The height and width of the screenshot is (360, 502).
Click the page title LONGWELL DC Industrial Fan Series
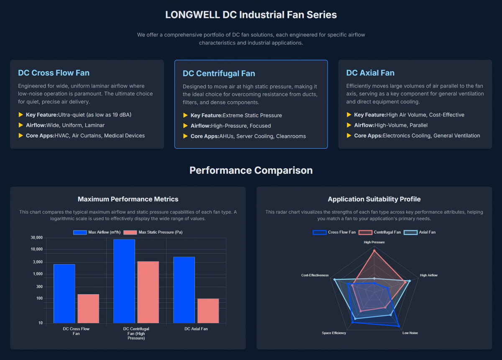(251, 15)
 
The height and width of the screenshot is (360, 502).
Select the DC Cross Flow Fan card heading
(54, 73)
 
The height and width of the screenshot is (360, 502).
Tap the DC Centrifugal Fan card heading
(219, 74)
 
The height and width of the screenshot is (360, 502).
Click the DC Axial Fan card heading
(370, 73)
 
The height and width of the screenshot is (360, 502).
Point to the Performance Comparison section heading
(251, 170)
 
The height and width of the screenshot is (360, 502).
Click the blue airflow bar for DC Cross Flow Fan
(64, 293)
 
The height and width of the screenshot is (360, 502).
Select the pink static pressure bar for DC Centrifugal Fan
(148, 292)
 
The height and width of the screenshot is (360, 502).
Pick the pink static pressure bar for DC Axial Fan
(208, 311)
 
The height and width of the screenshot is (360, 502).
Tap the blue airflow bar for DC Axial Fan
(184, 290)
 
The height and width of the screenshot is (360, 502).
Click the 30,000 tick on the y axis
(37, 238)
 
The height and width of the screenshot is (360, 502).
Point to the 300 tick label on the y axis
(38, 287)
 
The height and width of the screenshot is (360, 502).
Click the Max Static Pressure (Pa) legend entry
(155, 232)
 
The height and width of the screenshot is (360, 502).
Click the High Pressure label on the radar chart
(374, 242)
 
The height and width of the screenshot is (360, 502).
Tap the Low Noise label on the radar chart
(410, 333)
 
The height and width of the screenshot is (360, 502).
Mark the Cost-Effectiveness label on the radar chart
(315, 275)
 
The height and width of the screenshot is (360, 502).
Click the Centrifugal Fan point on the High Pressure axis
(374, 250)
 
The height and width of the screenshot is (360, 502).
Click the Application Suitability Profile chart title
(374, 199)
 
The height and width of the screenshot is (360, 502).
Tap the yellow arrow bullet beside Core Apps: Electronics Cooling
(349, 136)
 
